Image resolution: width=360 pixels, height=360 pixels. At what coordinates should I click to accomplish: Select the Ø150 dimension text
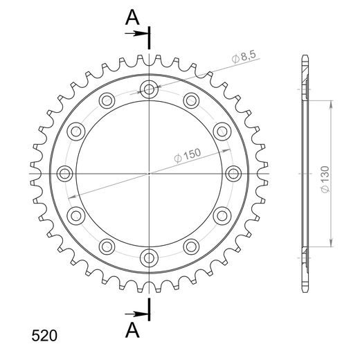coord(188,155)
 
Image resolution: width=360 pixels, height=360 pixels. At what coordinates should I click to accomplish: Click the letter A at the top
coord(132,19)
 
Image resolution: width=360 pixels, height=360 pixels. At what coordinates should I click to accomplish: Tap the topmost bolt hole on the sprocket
coord(149,88)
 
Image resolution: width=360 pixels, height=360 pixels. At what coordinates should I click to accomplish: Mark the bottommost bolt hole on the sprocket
coord(149,258)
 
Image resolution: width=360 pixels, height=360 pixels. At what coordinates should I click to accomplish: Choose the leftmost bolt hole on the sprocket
coord(64,172)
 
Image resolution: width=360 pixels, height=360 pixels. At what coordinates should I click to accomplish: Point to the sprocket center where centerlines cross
coord(149,172)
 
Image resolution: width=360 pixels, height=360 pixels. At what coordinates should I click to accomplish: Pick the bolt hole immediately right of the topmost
coord(191,100)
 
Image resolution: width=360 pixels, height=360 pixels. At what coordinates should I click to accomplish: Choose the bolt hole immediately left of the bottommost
coord(107,246)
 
